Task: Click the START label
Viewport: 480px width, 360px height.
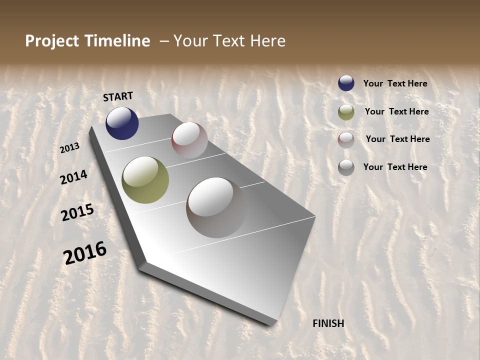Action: (118, 96)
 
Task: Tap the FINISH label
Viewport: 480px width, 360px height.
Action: (328, 323)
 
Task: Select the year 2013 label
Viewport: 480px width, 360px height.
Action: (70, 148)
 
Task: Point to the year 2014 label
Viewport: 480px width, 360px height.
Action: (74, 177)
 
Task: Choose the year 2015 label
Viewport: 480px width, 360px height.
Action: (77, 212)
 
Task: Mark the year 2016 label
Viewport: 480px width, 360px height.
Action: (85, 252)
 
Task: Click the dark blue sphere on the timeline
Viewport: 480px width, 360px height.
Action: (122, 123)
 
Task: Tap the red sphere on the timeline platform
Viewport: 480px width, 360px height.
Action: (189, 140)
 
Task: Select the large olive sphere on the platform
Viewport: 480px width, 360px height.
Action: (145, 180)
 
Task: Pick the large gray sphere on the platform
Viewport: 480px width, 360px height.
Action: (216, 207)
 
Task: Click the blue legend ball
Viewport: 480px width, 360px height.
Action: (346, 83)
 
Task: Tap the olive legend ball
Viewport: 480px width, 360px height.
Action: (346, 112)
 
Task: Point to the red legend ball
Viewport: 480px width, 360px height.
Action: (346, 140)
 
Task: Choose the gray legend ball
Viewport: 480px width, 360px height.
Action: (346, 167)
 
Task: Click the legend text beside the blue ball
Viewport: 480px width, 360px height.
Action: (395, 83)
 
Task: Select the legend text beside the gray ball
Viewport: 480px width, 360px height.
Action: (395, 167)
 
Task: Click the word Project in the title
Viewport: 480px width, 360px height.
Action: (52, 41)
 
